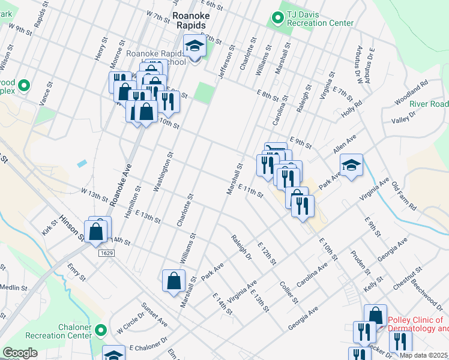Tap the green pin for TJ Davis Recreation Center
point(277,18)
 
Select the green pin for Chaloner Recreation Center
point(101,330)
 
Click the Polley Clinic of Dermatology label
point(417,324)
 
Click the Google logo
point(20,353)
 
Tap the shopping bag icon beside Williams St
point(173,280)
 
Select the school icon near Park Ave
point(352,164)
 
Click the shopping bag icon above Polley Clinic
point(375,314)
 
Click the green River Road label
point(429,104)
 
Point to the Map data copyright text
point(424,355)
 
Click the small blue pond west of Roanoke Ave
point(82,163)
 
